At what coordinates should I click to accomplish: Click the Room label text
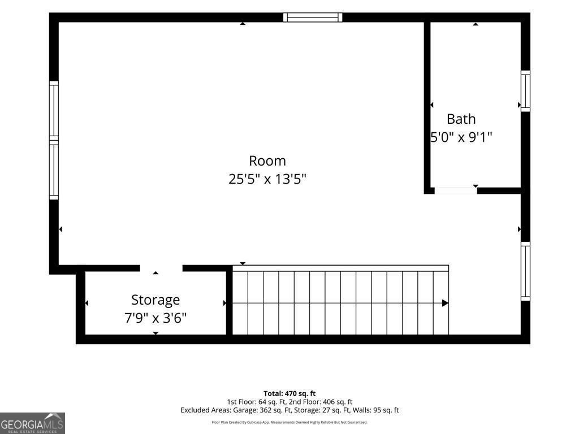[267, 161]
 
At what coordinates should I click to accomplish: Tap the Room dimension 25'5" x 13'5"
[267, 179]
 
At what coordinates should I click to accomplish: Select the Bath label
[461, 119]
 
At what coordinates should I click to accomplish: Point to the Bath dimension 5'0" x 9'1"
[461, 137]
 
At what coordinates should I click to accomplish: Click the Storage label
[155, 301]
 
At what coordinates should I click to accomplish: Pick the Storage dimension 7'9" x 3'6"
[155, 318]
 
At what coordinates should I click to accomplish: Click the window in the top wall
[313, 18]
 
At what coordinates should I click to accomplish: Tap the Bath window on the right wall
[525, 91]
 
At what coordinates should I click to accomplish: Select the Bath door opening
[456, 190]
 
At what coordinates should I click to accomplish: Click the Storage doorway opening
[161, 268]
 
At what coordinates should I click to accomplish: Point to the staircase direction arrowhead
[446, 303]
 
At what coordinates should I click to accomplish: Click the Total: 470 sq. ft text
[289, 393]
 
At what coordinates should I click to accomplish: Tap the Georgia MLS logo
[32, 423]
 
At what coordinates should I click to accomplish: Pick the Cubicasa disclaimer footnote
[289, 422]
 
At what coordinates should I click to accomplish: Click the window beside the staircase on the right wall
[525, 271]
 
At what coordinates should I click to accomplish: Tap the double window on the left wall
[54, 140]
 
